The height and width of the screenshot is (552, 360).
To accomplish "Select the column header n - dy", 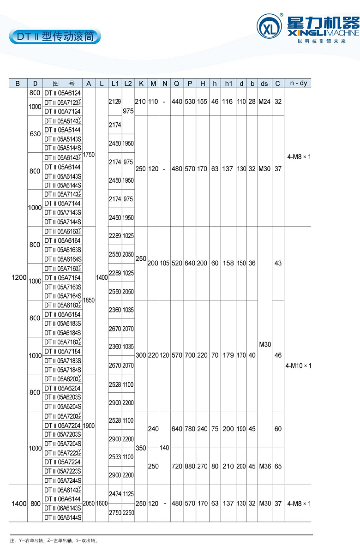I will (x=298, y=84).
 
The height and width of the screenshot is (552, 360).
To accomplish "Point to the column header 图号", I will (x=63, y=84).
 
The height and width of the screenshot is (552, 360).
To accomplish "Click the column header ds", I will (x=264, y=84).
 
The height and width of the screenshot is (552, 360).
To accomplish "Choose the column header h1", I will (x=228, y=84).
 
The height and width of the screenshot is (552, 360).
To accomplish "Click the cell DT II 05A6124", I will (x=63, y=93).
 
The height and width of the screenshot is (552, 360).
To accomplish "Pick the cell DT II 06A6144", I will (x=63, y=499).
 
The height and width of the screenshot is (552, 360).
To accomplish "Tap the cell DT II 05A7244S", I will (x=63, y=480).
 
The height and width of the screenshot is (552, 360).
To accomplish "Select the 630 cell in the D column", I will (x=35, y=134).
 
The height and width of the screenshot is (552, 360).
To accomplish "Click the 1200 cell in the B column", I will (x=18, y=277).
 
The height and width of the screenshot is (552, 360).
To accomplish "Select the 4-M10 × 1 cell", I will (x=298, y=366).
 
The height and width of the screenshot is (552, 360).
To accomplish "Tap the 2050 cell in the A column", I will (x=89, y=504).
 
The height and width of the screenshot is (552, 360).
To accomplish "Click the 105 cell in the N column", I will (x=165, y=263).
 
